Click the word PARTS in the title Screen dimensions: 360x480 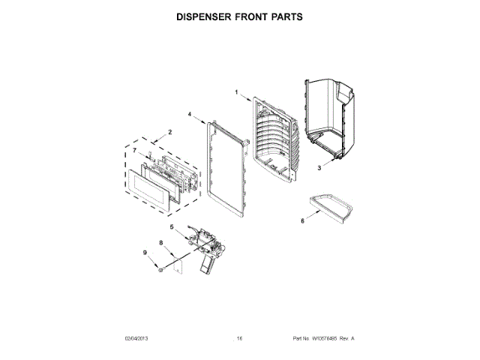click(x=284, y=16)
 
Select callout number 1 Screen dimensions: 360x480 click(x=236, y=92)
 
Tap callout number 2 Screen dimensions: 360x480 click(x=169, y=132)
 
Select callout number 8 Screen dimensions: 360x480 click(x=160, y=242)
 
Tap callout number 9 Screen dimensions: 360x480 click(x=145, y=252)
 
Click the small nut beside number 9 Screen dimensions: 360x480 click(x=160, y=267)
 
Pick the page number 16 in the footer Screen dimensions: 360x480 click(x=239, y=338)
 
